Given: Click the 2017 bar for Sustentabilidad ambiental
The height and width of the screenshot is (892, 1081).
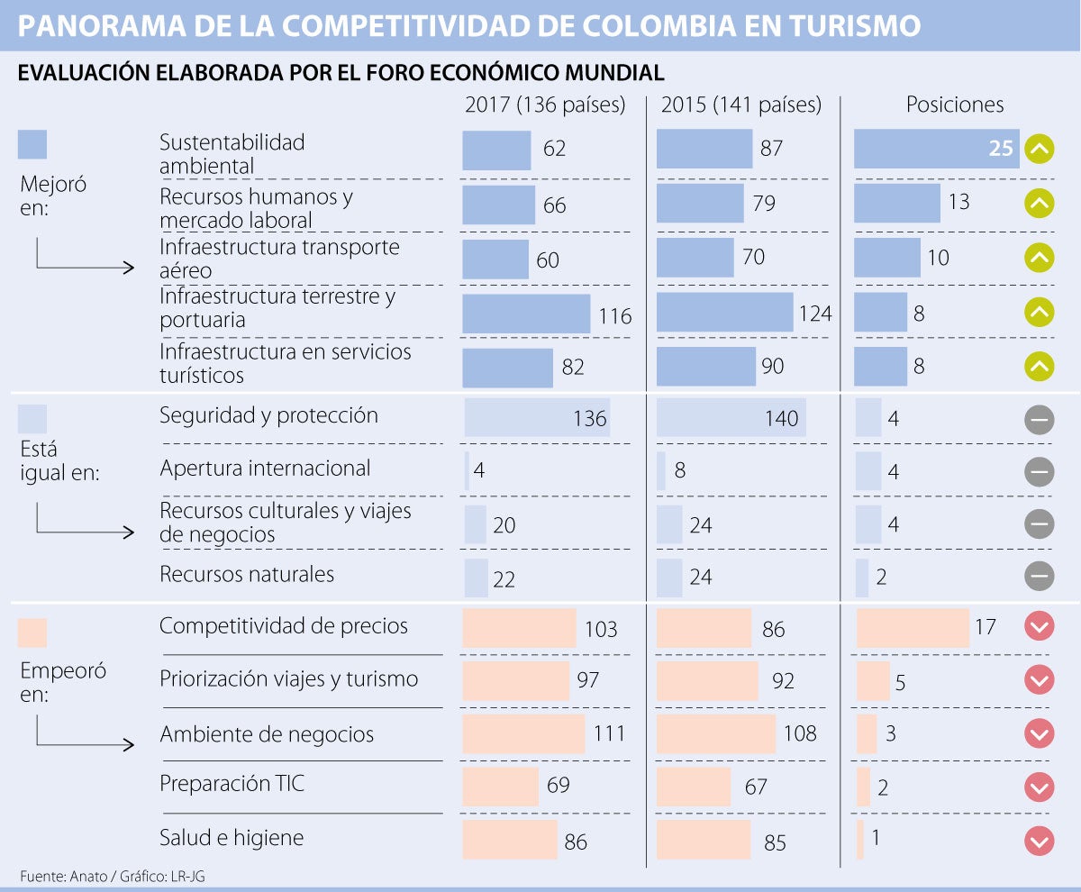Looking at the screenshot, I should pyautogui.click(x=496, y=150).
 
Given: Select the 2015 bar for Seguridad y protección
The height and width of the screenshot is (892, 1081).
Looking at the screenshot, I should pyautogui.click(x=731, y=418).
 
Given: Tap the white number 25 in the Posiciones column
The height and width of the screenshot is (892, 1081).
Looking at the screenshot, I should pyautogui.click(x=1001, y=149).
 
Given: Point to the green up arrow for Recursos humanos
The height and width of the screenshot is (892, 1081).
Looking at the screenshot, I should pyautogui.click(x=1039, y=204).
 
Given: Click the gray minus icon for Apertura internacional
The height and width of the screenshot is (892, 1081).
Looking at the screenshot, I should pyautogui.click(x=1039, y=471).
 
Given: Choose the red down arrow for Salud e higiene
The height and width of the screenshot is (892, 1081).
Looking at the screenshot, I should pyautogui.click(x=1039, y=841).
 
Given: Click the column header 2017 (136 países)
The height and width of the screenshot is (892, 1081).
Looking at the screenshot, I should pyautogui.click(x=545, y=105).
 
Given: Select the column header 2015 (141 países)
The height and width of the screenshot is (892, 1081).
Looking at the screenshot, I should pyautogui.click(x=741, y=105).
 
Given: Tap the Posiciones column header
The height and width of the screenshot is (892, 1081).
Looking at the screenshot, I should pyautogui.click(x=955, y=105).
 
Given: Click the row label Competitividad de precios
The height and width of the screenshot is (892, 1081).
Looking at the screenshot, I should pyautogui.click(x=284, y=626).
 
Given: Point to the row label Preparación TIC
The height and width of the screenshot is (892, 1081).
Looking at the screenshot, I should pyautogui.click(x=232, y=784).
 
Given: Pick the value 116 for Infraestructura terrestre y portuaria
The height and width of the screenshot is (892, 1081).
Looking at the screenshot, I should pyautogui.click(x=615, y=316).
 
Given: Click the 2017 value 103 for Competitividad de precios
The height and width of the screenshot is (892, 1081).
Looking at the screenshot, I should pyautogui.click(x=601, y=630).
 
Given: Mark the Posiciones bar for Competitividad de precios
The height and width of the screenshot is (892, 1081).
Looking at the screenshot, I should pyautogui.click(x=913, y=627).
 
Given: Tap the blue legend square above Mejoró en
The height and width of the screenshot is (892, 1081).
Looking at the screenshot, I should pyautogui.click(x=32, y=144).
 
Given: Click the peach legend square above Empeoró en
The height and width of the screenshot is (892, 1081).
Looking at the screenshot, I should pyautogui.click(x=32, y=633).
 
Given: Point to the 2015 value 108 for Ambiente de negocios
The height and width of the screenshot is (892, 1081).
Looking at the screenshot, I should pyautogui.click(x=800, y=733).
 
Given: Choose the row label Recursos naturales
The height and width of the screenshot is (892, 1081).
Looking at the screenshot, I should pyautogui.click(x=247, y=575).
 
